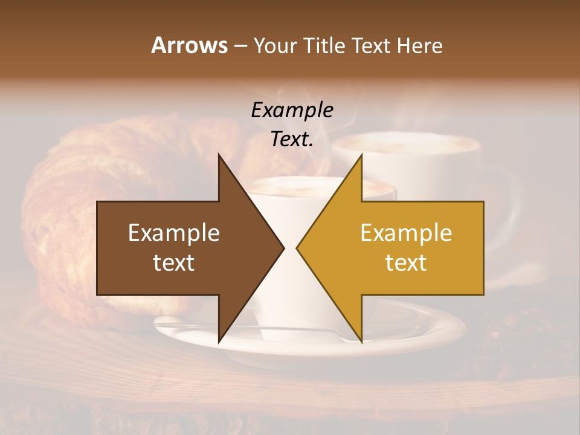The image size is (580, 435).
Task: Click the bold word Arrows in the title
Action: (x=189, y=45)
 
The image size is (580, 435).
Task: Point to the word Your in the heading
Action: (x=275, y=46)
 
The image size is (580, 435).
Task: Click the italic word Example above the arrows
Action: (x=292, y=110)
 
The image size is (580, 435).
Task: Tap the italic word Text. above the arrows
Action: (x=292, y=139)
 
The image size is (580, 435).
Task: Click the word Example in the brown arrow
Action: (x=174, y=233)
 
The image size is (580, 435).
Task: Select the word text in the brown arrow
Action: (x=174, y=262)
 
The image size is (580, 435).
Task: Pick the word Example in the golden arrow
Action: (x=406, y=233)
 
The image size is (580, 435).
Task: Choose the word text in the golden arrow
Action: (x=406, y=262)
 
